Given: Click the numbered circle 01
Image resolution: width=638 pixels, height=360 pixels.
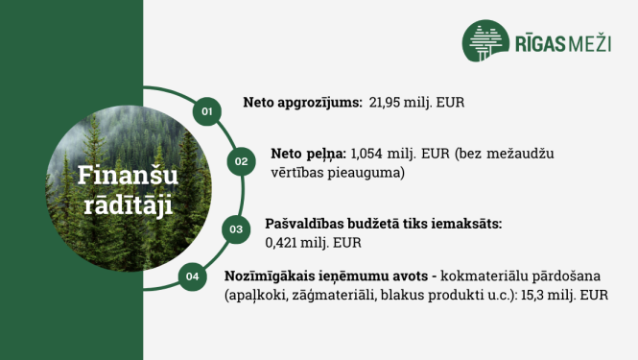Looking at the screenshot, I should coord(205,111).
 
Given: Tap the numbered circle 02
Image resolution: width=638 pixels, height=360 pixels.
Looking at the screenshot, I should coord(241,161).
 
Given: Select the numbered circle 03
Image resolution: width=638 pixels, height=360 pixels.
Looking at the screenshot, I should coord(234,229).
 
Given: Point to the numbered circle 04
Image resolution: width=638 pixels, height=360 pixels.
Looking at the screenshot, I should coord(193,276).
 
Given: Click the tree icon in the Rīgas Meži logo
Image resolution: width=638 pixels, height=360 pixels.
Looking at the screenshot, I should coord(486,44).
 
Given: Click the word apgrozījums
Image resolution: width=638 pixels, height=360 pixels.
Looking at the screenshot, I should coord(319,102).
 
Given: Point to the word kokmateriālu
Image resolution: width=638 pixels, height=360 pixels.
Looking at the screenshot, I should coord(475,276).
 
